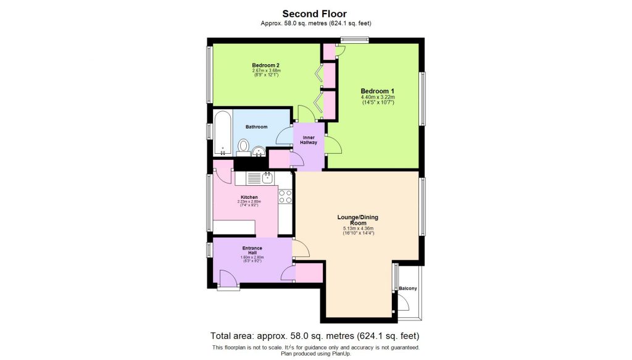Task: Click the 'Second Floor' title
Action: [315, 13]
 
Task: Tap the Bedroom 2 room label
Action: [266, 65]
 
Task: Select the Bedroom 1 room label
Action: [377, 91]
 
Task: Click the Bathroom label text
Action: [256, 127]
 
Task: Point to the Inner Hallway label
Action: [309, 140]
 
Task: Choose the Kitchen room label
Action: [249, 198]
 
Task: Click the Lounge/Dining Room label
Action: [357, 220]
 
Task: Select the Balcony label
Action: [407, 288]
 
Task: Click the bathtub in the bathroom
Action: [223, 133]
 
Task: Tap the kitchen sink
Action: [267, 178]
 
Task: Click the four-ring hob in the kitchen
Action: [285, 196]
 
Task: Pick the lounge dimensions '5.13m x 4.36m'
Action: [358, 229]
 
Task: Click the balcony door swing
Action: [403, 303]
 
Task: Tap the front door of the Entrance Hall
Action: [228, 282]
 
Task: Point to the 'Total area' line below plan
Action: [315, 336]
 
